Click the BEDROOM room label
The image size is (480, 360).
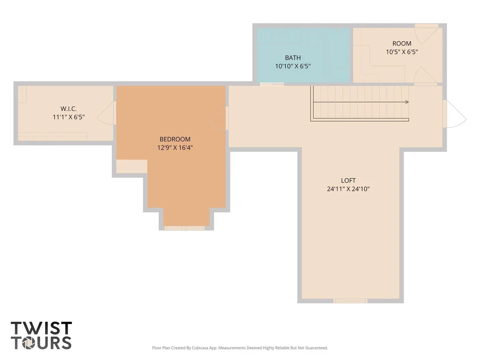(175, 139)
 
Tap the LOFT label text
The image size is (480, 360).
(348, 181)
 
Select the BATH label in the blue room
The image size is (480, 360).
(293, 58)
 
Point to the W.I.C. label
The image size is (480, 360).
(68, 109)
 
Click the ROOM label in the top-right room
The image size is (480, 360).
(402, 43)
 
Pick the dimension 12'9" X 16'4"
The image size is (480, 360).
(175, 148)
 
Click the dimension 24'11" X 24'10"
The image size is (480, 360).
(348, 189)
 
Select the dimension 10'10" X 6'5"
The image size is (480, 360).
(293, 66)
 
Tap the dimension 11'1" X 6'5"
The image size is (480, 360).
(68, 117)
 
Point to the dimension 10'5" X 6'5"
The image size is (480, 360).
(402, 52)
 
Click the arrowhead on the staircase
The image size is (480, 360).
(407, 102)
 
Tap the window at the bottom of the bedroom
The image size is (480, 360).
(184, 228)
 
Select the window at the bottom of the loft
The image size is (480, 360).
(350, 301)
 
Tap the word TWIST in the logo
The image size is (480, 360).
(41, 328)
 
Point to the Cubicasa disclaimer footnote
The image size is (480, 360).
(240, 348)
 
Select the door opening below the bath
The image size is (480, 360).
(272, 84)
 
